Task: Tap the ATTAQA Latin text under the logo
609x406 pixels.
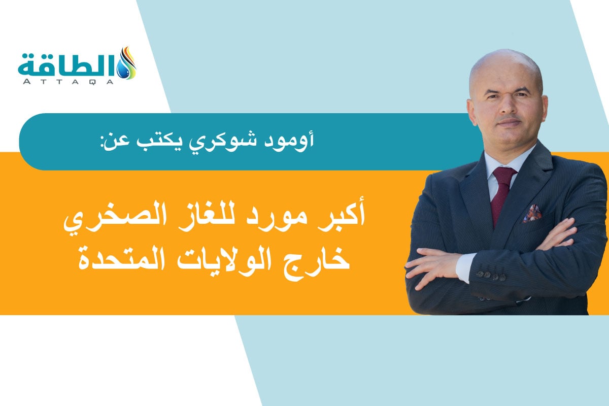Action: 71,81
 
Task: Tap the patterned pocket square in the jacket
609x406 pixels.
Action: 531,213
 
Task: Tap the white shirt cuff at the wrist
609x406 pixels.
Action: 463,267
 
